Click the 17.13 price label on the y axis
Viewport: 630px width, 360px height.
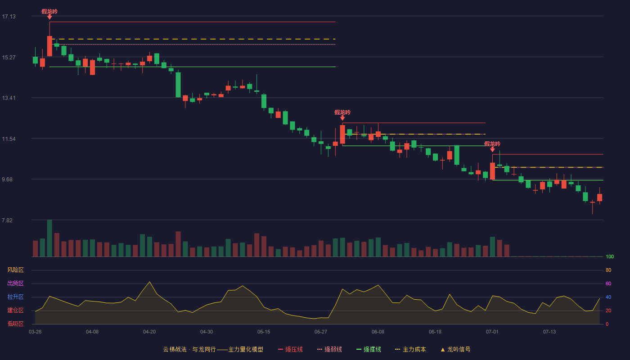tap(9, 17)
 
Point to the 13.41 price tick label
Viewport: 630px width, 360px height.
tap(9, 98)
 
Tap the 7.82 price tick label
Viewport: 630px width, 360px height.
tap(7, 220)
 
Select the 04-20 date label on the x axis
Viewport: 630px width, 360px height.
tap(149, 332)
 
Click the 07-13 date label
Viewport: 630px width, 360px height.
tap(549, 332)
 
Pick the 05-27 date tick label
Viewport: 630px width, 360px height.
tap(320, 332)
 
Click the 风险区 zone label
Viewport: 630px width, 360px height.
tap(15, 270)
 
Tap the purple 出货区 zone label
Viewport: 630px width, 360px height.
tap(15, 283)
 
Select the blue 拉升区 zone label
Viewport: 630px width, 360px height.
tap(15, 297)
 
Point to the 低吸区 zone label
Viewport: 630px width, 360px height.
tap(15, 324)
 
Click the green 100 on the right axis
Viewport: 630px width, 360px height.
tap(610, 256)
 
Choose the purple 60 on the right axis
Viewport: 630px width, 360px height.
tap(608, 283)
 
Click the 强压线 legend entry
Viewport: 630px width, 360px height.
tap(290, 349)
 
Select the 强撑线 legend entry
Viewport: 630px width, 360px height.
tap(369, 349)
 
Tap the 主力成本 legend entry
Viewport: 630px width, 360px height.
tap(410, 349)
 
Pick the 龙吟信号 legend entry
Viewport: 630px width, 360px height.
tap(455, 349)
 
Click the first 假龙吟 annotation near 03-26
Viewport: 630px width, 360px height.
tap(49, 12)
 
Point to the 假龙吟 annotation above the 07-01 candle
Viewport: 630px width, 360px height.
tap(492, 144)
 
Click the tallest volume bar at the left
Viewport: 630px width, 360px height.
tap(49, 238)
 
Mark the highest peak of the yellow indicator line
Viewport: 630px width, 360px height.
tap(149, 282)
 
